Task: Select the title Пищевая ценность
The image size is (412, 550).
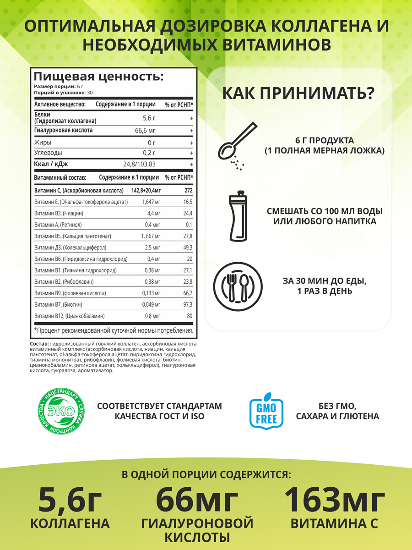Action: click(98, 76)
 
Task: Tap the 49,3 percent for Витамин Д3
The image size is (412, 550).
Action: click(187, 247)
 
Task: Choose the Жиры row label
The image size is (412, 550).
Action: click(43, 143)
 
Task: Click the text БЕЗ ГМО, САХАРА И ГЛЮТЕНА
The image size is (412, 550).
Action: click(337, 411)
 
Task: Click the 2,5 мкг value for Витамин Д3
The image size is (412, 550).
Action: click(152, 247)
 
